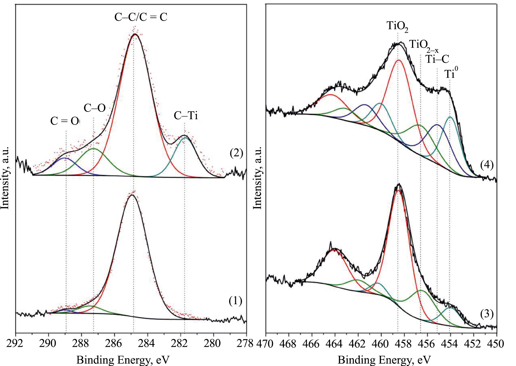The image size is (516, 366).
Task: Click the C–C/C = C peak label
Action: coord(141,17)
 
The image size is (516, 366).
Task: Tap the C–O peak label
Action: coord(94,108)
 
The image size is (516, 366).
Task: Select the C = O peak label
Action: coord(65,121)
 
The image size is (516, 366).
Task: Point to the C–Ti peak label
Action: coord(186,115)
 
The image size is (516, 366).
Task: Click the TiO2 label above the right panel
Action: coord(397,26)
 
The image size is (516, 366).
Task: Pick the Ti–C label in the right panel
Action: coord(437,59)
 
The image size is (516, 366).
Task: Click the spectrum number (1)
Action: coord(235,301)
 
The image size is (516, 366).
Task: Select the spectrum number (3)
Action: coord(487,314)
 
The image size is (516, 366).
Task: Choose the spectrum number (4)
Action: coord(487,165)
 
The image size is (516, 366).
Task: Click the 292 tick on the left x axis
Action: coord(16,343)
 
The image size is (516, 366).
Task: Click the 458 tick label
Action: coord(404,344)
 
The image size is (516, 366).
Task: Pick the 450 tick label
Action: coord(497,344)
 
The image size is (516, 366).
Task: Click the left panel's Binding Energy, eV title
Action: coord(123,360)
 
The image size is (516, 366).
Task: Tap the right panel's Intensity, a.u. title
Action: coord(257,178)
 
